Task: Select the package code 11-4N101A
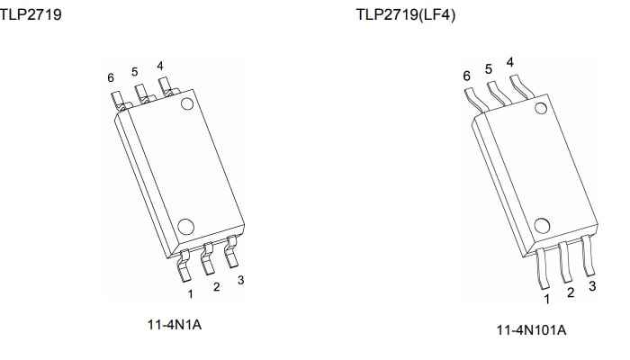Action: click(x=531, y=329)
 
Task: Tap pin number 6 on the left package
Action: click(x=111, y=78)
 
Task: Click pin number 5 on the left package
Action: click(x=134, y=71)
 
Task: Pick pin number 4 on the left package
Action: click(x=159, y=66)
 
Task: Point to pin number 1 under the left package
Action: click(x=190, y=292)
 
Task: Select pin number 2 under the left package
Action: click(x=216, y=287)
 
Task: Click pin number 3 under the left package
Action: click(x=240, y=280)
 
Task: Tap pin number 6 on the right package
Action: click(x=467, y=76)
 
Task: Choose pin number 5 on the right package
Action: click(x=489, y=68)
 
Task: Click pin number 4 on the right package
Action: click(x=510, y=62)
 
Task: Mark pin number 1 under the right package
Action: click(x=546, y=299)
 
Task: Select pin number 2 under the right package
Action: click(x=571, y=292)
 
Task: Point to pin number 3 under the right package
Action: click(x=592, y=286)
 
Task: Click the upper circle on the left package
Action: click(x=187, y=104)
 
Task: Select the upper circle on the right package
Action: click(x=541, y=109)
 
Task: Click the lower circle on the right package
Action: click(x=542, y=226)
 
